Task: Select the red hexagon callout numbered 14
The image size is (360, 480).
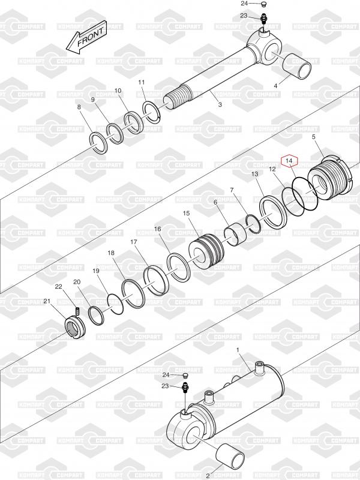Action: click(290, 160)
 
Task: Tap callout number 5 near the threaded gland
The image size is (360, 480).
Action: click(313, 137)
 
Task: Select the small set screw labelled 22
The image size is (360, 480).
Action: click(78, 310)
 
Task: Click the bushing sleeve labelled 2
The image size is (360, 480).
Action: click(230, 457)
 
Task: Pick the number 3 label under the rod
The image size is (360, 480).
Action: click(220, 104)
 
